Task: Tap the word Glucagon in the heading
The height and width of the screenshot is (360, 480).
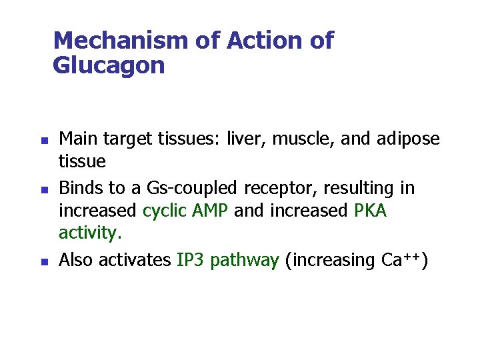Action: pyautogui.click(x=108, y=65)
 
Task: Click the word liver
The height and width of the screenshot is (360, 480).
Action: pyautogui.click(x=243, y=139)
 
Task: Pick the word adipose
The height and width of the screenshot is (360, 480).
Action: pyautogui.click(x=406, y=139)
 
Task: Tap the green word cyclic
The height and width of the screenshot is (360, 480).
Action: pyautogui.click(x=164, y=211)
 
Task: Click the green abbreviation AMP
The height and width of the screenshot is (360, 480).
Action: pyautogui.click(x=211, y=211)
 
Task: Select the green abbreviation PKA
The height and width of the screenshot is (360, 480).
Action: pyautogui.click(x=370, y=211)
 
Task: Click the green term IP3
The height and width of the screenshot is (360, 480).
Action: pyautogui.click(x=191, y=260)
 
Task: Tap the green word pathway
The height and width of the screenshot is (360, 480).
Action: pyautogui.click(x=244, y=260)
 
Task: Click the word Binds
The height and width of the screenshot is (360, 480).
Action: pyautogui.click(x=79, y=188)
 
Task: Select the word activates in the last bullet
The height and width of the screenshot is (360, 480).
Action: pyautogui.click(x=135, y=260)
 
